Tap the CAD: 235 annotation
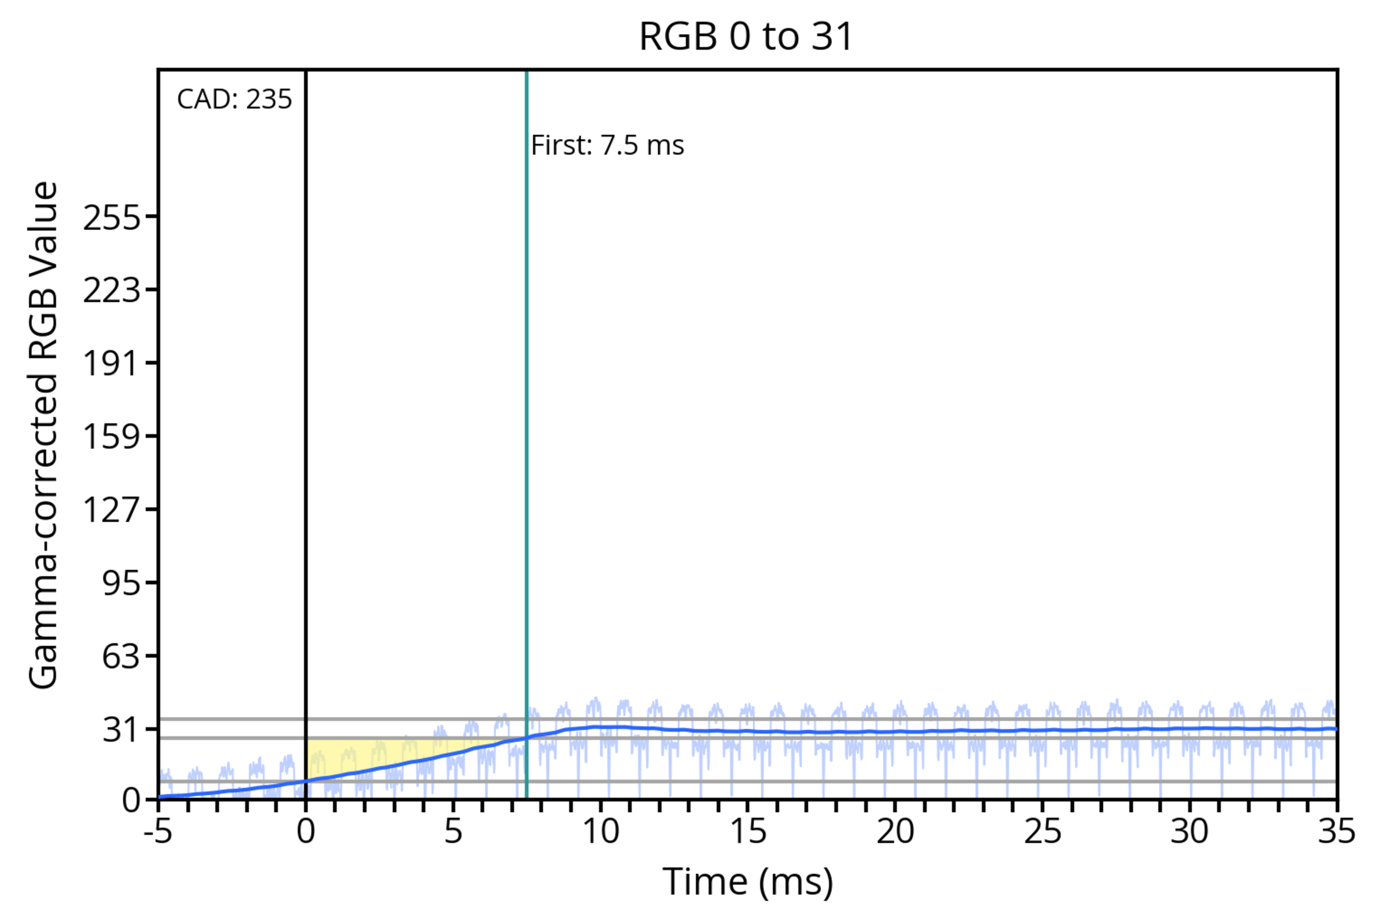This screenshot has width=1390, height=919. (x=234, y=99)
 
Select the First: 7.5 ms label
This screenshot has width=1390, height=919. (x=607, y=145)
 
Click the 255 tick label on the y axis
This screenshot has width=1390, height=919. (x=112, y=218)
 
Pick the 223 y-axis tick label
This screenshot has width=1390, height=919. (x=112, y=290)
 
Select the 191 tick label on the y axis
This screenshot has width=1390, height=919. (x=112, y=363)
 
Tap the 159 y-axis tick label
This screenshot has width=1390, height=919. (x=112, y=437)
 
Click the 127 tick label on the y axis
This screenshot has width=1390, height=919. (x=112, y=509)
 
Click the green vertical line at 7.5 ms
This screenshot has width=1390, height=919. (x=526, y=410)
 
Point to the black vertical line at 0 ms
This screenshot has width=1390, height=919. (x=306, y=410)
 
